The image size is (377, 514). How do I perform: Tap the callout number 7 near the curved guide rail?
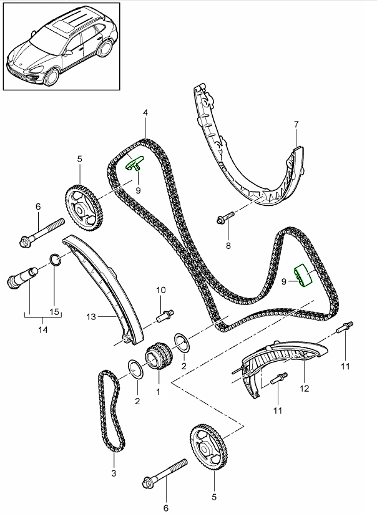(x=297, y=124)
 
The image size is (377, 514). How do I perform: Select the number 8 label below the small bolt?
(x=228, y=246)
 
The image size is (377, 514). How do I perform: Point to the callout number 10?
(x=160, y=290)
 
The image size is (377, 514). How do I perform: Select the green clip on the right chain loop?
(x=305, y=277)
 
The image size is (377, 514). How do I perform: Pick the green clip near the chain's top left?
(x=135, y=163)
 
